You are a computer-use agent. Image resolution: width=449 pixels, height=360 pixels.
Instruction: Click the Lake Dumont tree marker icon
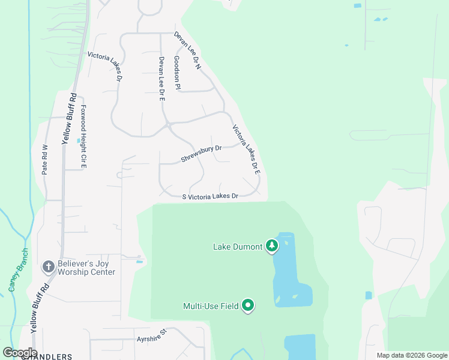[x=272, y=245]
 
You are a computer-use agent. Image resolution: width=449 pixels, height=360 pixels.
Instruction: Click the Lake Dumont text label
[x=238, y=246]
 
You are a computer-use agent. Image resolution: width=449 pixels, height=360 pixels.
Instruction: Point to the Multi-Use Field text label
[x=211, y=306]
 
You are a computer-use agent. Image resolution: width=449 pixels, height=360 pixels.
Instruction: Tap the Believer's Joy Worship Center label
[x=86, y=268]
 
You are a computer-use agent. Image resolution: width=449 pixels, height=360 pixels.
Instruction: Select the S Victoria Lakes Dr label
[x=210, y=196]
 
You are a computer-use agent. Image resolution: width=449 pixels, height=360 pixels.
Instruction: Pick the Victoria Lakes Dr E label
[x=246, y=149]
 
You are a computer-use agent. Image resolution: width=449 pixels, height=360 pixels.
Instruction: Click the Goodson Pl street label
[x=177, y=73]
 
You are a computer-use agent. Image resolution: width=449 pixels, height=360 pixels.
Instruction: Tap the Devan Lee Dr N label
[x=187, y=51]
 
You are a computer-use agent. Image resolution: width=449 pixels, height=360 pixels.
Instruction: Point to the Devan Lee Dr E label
[x=161, y=79]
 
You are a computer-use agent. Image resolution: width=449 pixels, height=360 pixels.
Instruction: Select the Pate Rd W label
[x=44, y=160]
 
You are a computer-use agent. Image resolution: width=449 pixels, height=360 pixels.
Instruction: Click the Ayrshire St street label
[x=150, y=340]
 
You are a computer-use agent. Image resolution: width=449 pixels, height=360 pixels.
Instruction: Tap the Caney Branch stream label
[x=17, y=270]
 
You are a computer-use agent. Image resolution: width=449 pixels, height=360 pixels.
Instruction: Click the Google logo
[x=20, y=352]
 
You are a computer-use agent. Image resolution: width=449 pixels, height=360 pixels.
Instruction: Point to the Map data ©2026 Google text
[x=411, y=355]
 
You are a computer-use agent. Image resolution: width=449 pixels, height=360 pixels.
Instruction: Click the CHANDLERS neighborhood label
[x=47, y=356]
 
